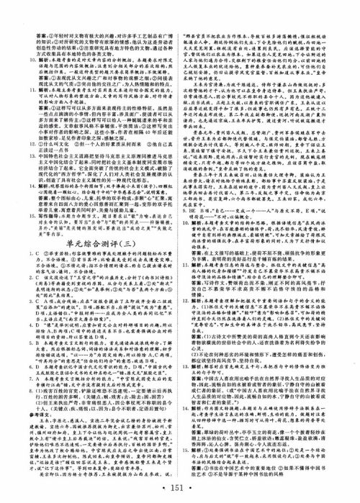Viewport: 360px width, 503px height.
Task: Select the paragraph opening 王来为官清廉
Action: [x=209, y=102]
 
